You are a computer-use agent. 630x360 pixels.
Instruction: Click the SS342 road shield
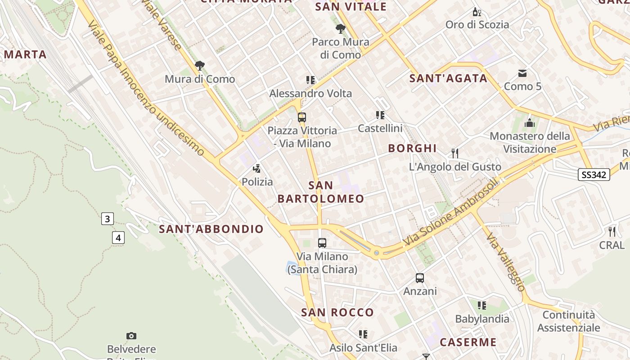click(x=594, y=175)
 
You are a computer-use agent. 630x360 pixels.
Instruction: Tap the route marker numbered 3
click(x=107, y=219)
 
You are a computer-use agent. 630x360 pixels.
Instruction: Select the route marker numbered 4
click(x=118, y=238)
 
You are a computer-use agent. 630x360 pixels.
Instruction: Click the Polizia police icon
click(x=257, y=169)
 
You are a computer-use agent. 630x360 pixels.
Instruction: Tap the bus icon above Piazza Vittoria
click(x=301, y=117)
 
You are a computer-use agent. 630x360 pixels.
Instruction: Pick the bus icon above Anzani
click(x=420, y=278)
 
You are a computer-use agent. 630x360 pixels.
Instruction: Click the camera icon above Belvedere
click(x=131, y=336)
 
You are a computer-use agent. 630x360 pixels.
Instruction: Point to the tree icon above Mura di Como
click(x=200, y=66)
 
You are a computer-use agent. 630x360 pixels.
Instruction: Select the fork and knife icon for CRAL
click(x=612, y=232)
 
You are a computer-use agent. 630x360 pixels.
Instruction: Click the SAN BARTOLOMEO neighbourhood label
click(x=321, y=192)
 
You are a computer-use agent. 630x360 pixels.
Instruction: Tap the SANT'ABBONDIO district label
click(x=211, y=229)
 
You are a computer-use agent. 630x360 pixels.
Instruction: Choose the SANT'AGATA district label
click(x=448, y=78)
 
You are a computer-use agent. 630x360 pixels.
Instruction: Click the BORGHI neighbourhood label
click(x=412, y=148)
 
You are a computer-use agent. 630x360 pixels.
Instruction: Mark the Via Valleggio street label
click(x=505, y=263)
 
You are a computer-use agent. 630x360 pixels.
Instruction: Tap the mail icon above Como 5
click(x=522, y=73)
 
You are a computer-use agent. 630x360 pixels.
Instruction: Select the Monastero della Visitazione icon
click(x=530, y=122)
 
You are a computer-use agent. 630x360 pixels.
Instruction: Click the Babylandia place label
click(x=482, y=319)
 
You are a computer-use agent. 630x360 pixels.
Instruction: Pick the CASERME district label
click(x=468, y=342)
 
